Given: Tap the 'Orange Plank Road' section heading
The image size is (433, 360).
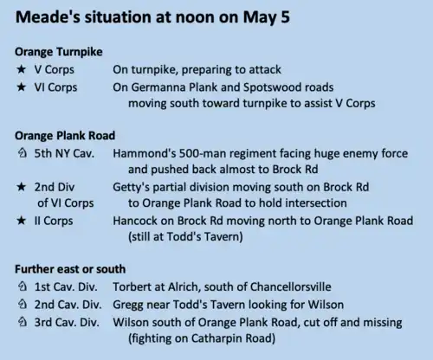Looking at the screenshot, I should pos(66,135).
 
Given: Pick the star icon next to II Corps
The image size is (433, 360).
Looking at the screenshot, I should pos(22,221).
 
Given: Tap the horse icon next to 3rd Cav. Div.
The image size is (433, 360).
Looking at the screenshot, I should pos(22,323).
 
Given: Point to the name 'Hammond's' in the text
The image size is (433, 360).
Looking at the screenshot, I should pos(144,153).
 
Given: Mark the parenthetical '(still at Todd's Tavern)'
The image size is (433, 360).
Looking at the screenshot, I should pos(193,237).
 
